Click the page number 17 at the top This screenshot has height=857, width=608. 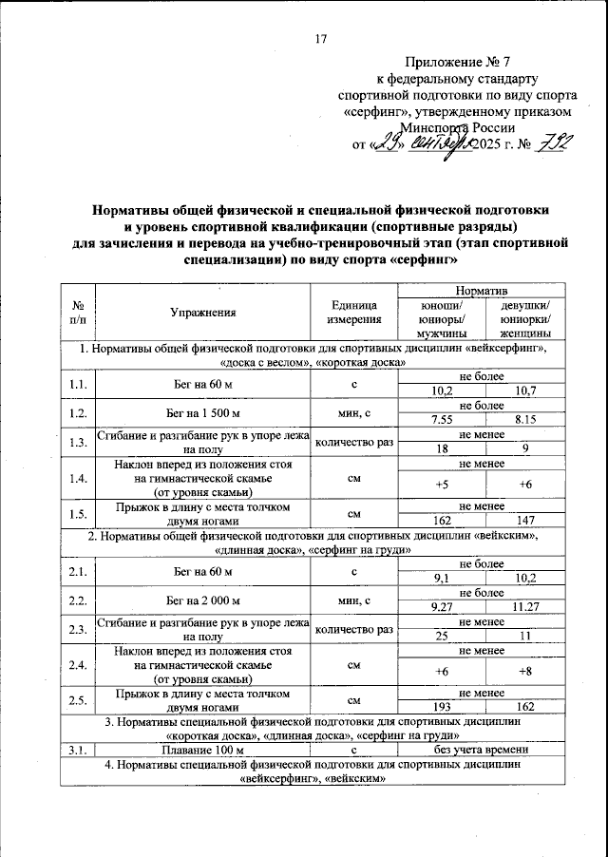[319, 39]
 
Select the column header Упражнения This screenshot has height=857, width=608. [202, 311]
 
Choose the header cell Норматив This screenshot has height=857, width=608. [481, 287]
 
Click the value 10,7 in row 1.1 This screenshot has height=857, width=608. [524, 390]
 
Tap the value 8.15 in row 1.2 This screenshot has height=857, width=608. [524, 419]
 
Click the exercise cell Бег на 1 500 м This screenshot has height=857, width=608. [202, 412]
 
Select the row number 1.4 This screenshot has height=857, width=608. [78, 478]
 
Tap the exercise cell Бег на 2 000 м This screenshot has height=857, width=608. [202, 600]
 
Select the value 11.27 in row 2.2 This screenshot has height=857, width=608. [524, 608]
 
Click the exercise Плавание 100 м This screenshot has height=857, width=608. [202, 752]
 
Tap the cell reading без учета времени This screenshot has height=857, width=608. [481, 752]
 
